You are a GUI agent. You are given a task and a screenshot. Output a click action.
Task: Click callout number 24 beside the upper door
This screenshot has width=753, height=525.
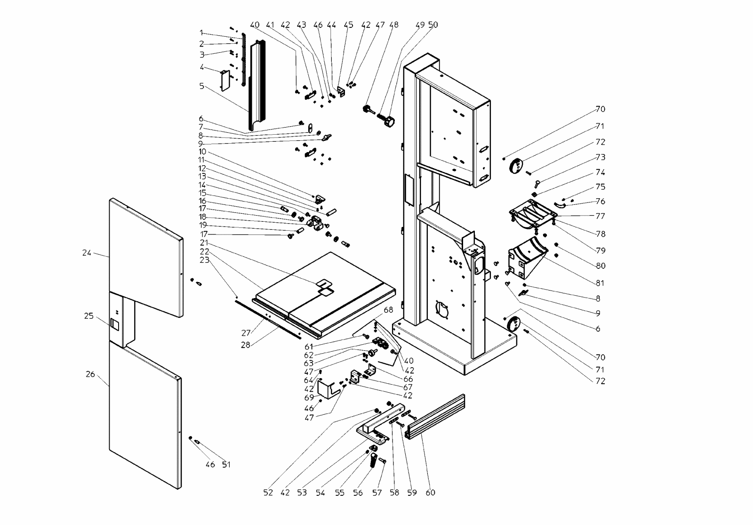point(87,253)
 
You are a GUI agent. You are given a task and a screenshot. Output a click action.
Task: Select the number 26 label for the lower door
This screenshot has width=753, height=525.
point(90,374)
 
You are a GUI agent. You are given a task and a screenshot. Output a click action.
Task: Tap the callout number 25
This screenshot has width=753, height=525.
point(89,316)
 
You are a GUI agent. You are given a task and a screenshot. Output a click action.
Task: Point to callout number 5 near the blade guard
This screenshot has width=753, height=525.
point(201,86)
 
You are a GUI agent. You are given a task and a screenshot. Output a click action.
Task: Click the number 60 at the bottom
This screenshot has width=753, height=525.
point(430,493)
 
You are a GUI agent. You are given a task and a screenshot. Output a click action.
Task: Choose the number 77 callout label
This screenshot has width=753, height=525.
point(600,216)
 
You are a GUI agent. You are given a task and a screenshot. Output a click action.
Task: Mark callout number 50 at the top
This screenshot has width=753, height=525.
point(433,24)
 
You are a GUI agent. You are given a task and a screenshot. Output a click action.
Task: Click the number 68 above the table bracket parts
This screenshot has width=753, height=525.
point(388,310)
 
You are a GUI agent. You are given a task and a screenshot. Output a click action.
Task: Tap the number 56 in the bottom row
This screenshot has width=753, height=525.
point(358,493)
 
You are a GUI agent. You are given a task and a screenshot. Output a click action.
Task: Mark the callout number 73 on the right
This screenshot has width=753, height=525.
point(600,157)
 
